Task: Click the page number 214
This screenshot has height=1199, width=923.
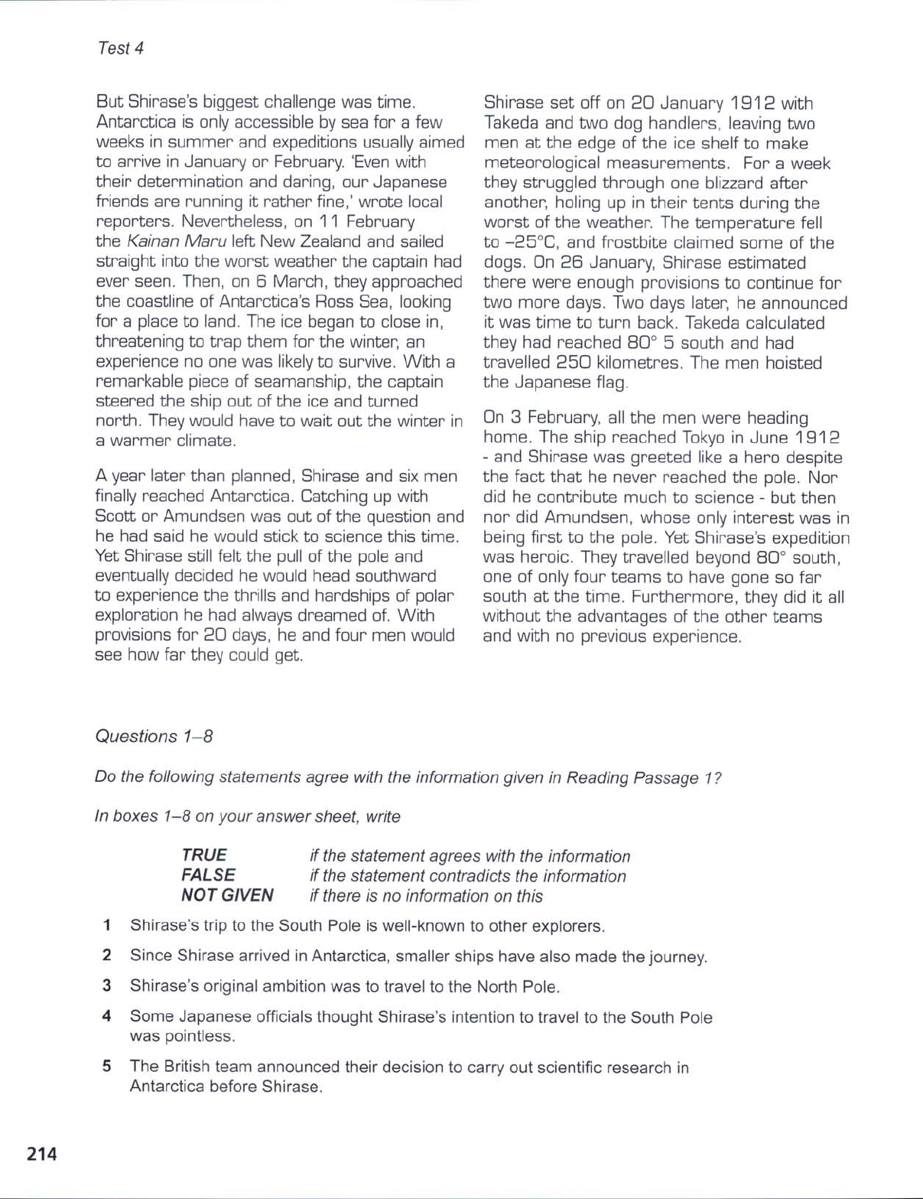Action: point(42,1153)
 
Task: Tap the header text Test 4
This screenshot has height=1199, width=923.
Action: point(121,48)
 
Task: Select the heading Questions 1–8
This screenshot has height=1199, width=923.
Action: point(154,736)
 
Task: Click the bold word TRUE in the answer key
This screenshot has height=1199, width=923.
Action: point(204,855)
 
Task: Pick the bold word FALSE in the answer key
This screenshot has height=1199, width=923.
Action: point(208,875)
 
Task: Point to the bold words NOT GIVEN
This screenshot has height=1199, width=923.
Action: point(227,895)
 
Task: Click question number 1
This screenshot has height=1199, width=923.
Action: point(108,925)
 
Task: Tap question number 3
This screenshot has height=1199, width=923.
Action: point(108,986)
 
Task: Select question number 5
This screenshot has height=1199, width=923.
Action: point(108,1066)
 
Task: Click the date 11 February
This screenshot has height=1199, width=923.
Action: point(365,222)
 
